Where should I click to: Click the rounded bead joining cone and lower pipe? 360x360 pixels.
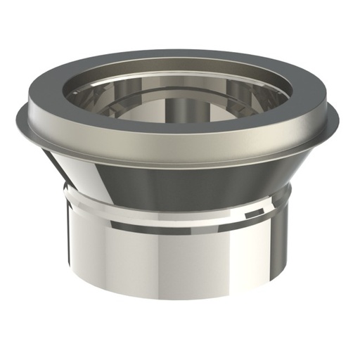pos(180,200)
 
